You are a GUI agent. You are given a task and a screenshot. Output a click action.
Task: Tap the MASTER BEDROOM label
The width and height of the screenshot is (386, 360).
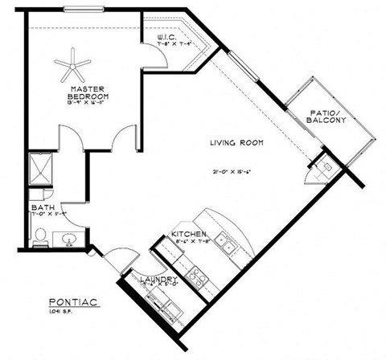point(88,92)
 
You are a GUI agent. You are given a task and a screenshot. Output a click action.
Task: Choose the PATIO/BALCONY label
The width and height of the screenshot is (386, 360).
point(326,117)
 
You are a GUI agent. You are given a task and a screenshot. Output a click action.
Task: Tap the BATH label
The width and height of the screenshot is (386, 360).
point(42,208)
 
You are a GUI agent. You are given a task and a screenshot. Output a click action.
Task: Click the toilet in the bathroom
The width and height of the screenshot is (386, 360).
point(40,235)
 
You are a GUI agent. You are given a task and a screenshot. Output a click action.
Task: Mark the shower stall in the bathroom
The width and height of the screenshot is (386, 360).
point(40,169)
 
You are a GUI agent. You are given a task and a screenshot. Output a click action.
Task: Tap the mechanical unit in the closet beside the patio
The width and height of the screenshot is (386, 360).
point(327,166)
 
